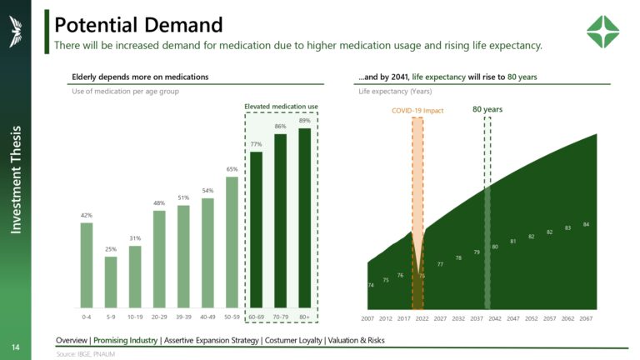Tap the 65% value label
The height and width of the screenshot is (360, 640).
232,169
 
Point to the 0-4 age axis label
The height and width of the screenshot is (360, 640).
87,317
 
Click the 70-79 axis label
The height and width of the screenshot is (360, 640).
281,317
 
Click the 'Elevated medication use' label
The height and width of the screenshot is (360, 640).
281,107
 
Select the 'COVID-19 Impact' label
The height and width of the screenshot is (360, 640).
417,109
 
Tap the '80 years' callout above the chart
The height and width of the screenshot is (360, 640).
487,109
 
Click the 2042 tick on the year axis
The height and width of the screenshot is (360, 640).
495,318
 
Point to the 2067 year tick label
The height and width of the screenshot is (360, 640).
586,318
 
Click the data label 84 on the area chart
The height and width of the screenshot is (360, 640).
586,224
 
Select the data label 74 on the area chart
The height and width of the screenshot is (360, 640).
371,285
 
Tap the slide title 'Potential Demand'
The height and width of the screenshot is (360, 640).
139,24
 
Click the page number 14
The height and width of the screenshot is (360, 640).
16,346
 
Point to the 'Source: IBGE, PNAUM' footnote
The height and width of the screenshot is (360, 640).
86,354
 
